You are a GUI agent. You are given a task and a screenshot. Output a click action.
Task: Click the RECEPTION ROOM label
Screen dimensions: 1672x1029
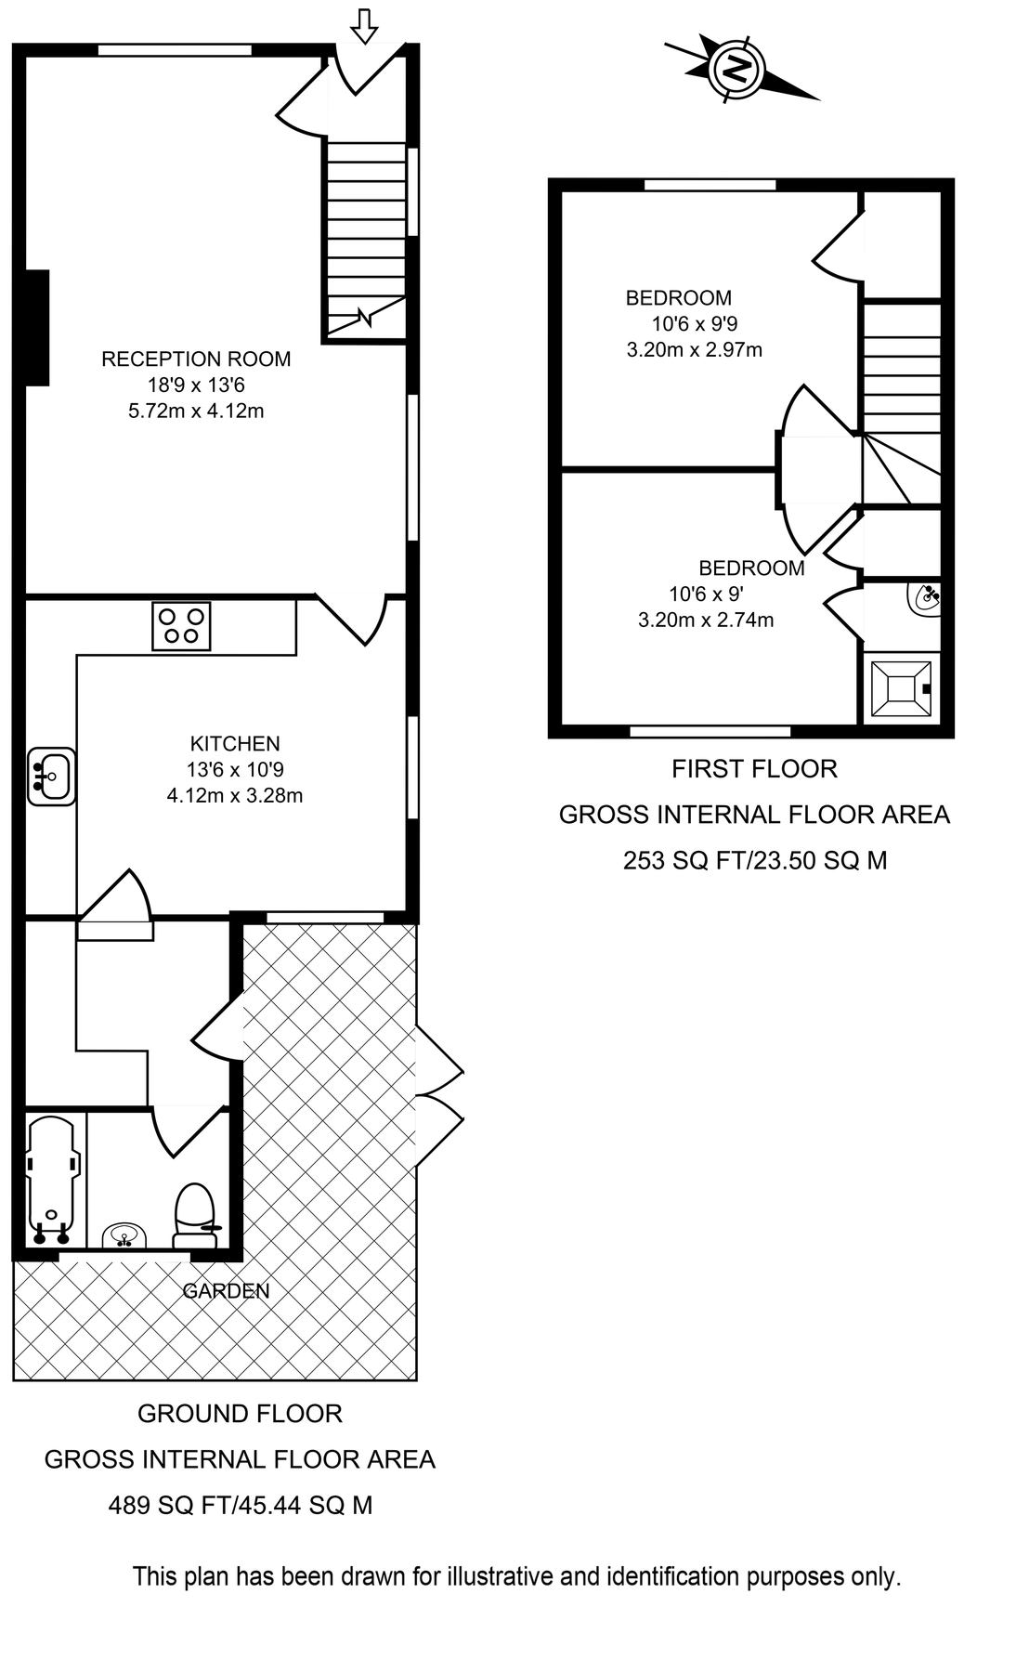point(196,359)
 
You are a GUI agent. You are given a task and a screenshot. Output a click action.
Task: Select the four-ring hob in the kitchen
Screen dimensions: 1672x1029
point(181,625)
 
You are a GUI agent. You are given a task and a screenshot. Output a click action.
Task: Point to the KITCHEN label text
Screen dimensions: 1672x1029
point(235,743)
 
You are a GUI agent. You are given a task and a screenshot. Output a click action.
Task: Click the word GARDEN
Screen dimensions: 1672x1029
point(226,1290)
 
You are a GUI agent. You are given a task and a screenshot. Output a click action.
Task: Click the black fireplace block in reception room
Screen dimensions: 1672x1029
point(36,327)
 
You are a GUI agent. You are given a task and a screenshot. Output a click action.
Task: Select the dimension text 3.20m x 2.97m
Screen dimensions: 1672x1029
point(695,350)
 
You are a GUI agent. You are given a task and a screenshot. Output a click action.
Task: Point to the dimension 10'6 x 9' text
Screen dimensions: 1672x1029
point(706,594)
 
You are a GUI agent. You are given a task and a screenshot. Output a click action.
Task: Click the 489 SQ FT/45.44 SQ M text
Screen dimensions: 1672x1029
point(241,1505)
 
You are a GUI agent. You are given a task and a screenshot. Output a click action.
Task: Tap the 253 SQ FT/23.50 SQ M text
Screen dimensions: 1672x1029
point(755,860)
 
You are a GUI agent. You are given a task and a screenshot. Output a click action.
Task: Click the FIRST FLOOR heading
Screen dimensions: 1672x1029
point(754,769)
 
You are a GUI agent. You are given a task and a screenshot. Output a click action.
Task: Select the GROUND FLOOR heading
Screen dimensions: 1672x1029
point(240,1414)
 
